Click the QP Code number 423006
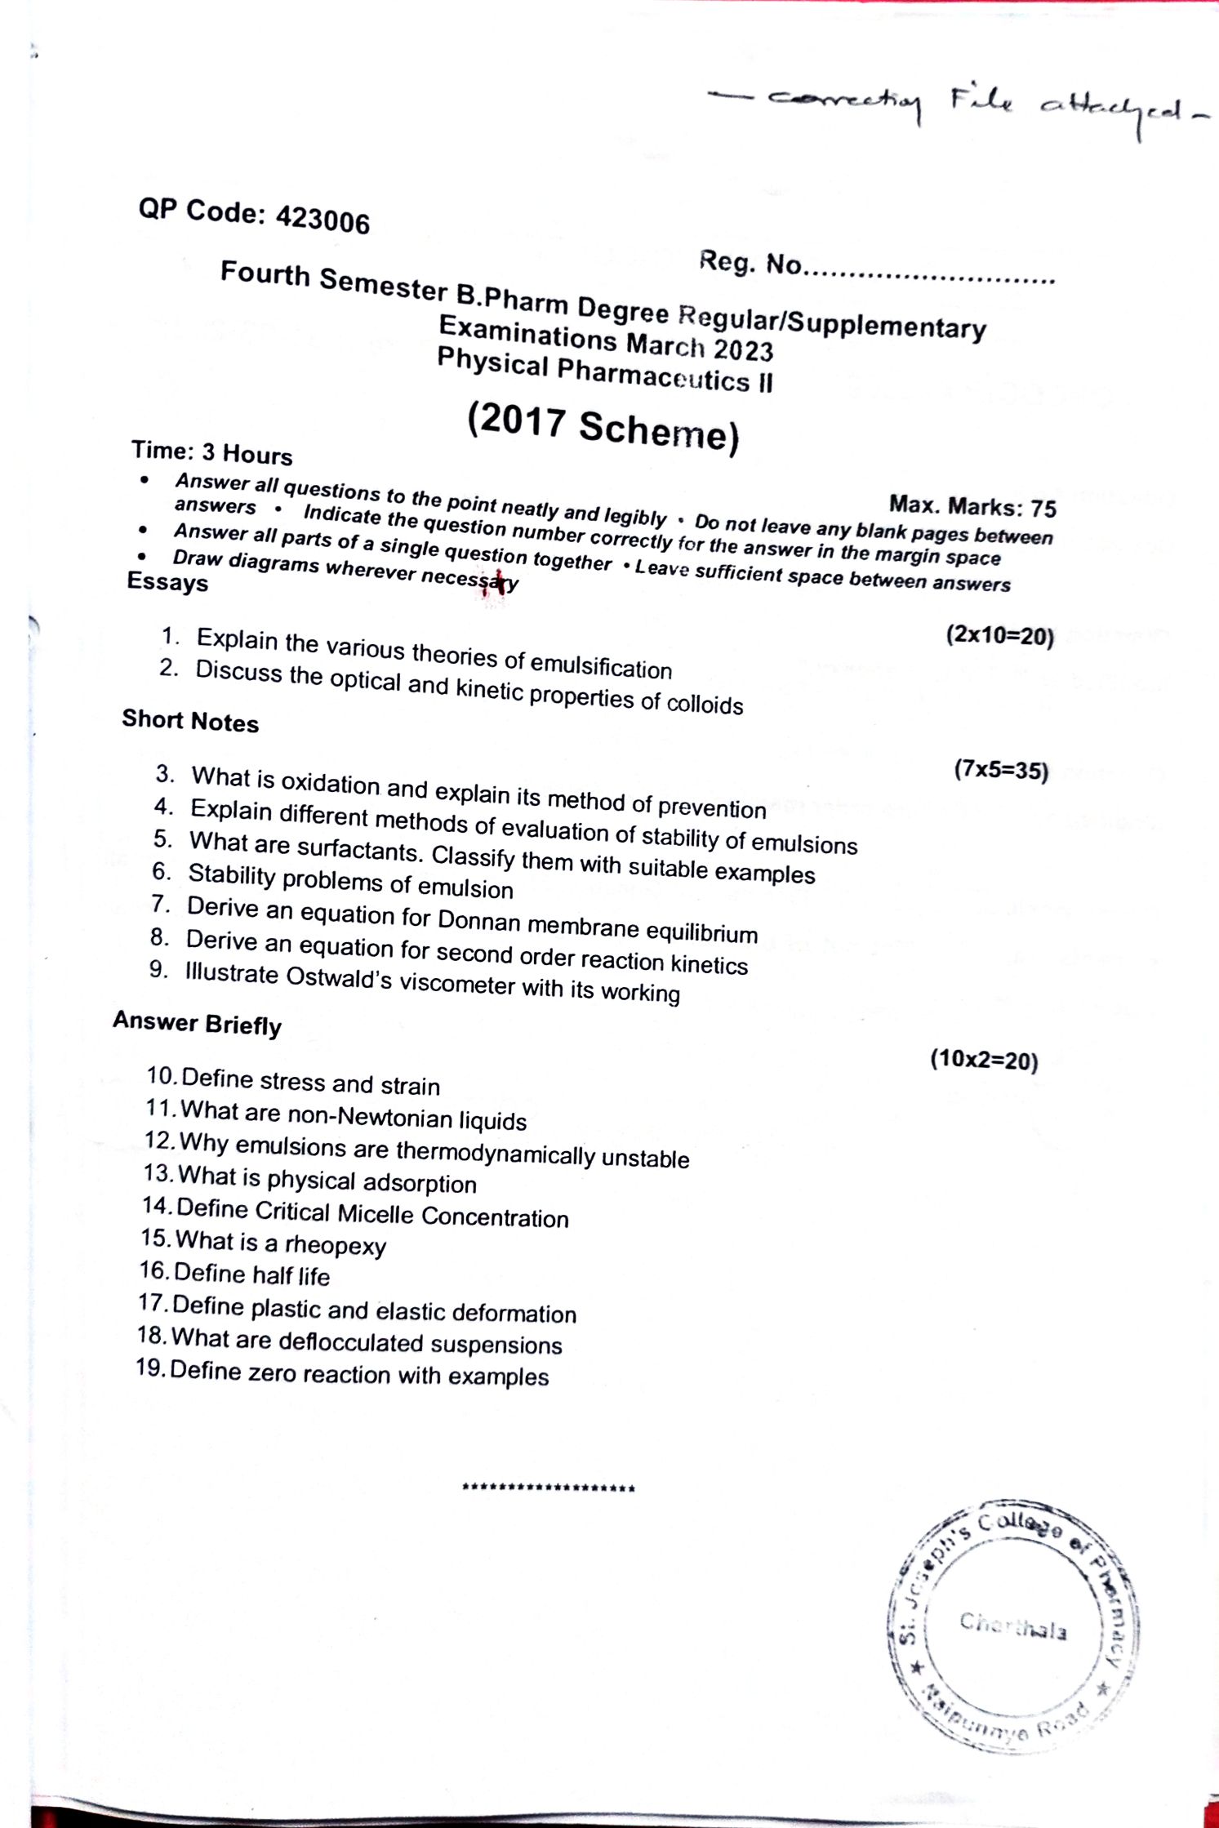pos(323,220)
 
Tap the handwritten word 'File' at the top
pos(981,101)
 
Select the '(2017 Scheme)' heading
pos(603,426)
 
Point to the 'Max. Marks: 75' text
pos(972,505)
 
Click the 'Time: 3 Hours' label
pos(211,452)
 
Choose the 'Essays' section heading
pos(167,582)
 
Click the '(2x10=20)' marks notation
pos(999,635)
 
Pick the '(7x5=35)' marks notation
pos(1000,770)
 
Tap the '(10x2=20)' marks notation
pos(984,1060)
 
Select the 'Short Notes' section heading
pos(190,721)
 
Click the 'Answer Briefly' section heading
pos(197,1023)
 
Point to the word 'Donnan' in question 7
pos(478,920)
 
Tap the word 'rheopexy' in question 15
pos(335,1245)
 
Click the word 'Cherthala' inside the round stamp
pos(1012,1626)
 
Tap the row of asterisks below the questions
pos(548,1488)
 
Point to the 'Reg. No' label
pos(750,264)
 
